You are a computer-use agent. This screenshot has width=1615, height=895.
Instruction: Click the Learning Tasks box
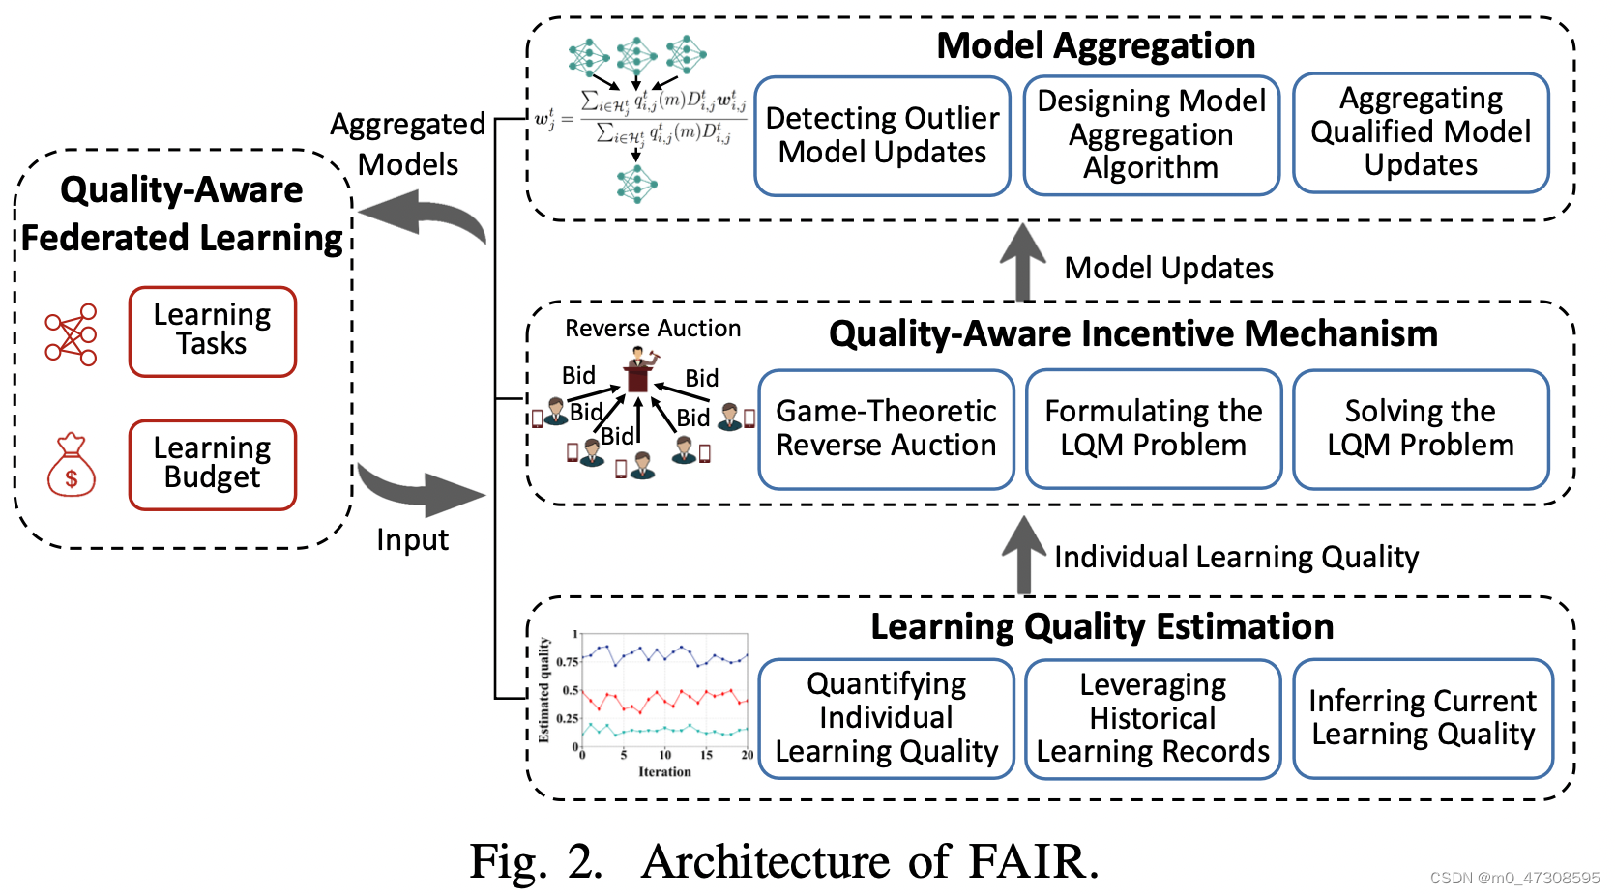(x=213, y=331)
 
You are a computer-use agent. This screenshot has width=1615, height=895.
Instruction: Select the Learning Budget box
(x=213, y=464)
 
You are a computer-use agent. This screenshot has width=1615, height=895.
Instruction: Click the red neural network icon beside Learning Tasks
(x=72, y=334)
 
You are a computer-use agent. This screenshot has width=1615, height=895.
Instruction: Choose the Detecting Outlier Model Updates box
(x=882, y=136)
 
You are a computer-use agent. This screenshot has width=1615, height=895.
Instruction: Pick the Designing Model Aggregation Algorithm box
(x=1151, y=135)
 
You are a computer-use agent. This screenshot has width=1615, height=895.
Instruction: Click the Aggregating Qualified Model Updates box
(x=1420, y=132)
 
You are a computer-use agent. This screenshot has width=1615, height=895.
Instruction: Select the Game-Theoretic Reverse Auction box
(x=886, y=429)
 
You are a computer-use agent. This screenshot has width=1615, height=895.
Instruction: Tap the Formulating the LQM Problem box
(x=1153, y=429)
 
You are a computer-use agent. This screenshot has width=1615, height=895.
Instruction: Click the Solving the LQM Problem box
(x=1420, y=429)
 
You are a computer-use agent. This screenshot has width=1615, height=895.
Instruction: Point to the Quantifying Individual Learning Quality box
(x=886, y=718)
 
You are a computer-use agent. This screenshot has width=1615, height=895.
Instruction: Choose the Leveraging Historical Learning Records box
(x=1153, y=718)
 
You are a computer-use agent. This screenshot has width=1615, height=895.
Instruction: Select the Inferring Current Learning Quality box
(x=1422, y=718)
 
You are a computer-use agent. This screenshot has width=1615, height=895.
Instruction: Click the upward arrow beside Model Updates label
(x=1022, y=261)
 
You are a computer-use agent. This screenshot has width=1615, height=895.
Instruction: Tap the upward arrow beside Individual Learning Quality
(x=1023, y=553)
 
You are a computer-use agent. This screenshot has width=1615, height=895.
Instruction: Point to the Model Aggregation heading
(x=1096, y=45)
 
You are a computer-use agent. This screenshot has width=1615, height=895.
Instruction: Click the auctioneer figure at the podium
(x=638, y=369)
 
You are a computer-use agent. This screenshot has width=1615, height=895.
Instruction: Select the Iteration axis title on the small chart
(x=664, y=771)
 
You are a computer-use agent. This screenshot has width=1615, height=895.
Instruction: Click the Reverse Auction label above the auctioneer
(x=653, y=329)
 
